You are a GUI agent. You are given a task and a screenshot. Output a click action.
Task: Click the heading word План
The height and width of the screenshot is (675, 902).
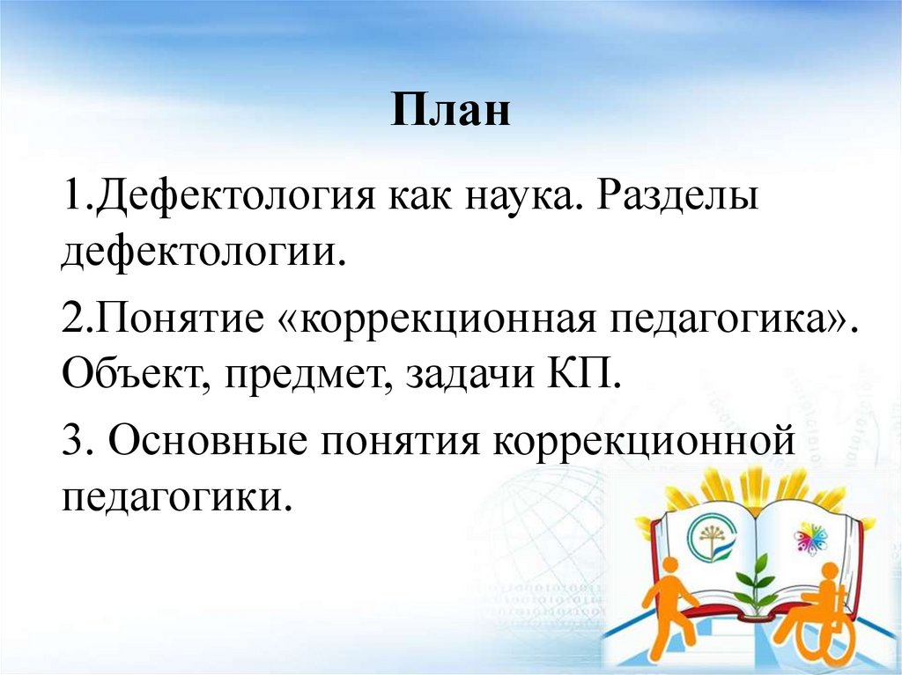coord(451,113)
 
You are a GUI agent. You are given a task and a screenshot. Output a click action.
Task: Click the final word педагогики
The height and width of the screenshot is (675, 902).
coord(176,497)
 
